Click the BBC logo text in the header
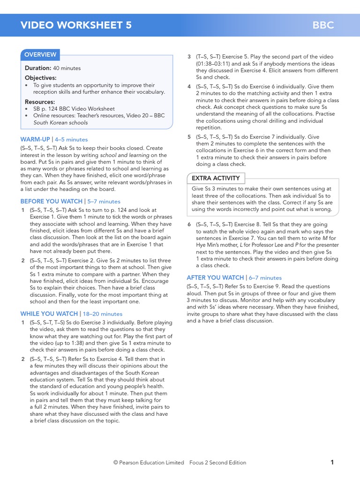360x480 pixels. tap(323, 25)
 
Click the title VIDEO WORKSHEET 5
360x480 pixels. tap(76, 25)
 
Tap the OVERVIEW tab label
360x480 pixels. tap(40, 55)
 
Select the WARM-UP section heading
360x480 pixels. tap(35, 139)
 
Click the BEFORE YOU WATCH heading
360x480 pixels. tap(51, 201)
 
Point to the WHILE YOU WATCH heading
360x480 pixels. tap(49, 314)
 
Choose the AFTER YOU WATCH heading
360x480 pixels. tap(215, 277)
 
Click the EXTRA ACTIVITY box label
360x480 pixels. tap(216, 178)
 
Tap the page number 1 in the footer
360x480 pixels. tap(332, 462)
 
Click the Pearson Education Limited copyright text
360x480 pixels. tap(149, 463)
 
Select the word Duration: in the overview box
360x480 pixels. tap(38, 68)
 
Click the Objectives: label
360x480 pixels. tap(41, 78)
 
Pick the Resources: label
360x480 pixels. tap(40, 102)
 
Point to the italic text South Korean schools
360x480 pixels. tap(60, 123)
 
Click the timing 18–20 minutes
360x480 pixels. tap(102, 314)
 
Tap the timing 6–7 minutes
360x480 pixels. tap(265, 277)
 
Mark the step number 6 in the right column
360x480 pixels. tap(189, 225)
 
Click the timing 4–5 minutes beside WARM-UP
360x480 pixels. tap(71, 139)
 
